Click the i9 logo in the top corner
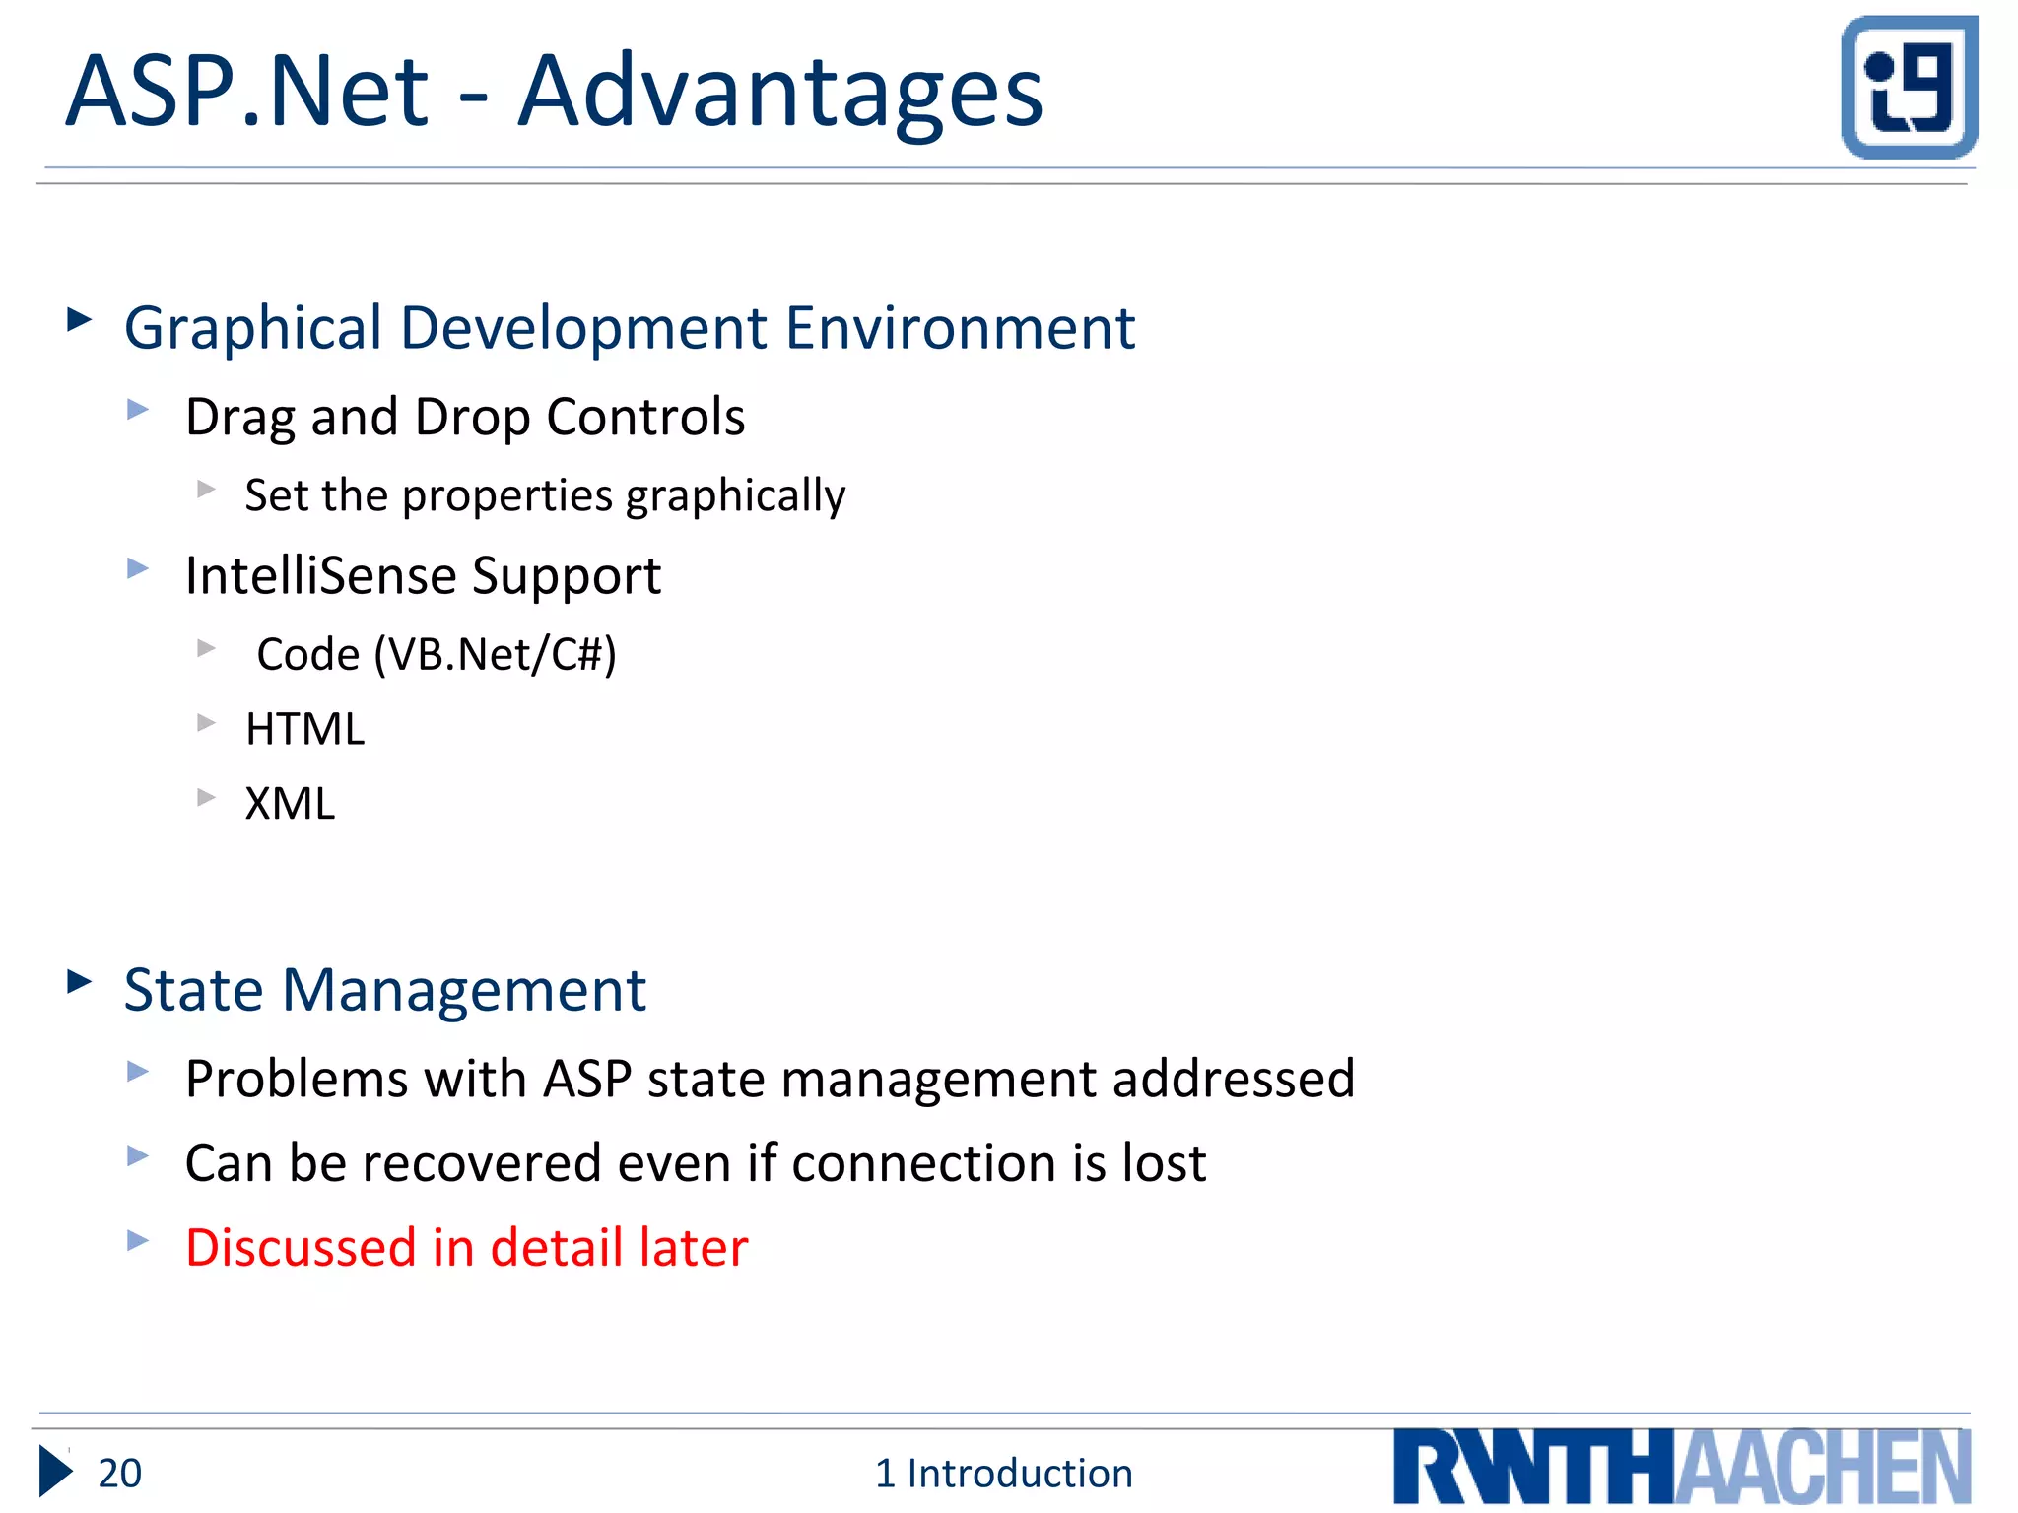(x=1909, y=87)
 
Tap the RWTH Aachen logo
(x=1681, y=1468)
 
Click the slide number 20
(x=120, y=1474)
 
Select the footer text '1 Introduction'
(x=1003, y=1474)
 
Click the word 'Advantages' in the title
(x=779, y=93)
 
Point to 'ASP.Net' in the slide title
(x=246, y=93)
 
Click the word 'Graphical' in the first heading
(x=252, y=329)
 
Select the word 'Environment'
(x=960, y=329)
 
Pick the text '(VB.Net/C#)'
(x=495, y=655)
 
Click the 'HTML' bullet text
(x=304, y=730)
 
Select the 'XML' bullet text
(x=290, y=804)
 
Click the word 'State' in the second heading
(x=194, y=990)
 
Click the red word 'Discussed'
(x=301, y=1248)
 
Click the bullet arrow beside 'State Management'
(x=79, y=981)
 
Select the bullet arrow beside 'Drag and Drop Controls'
(x=138, y=409)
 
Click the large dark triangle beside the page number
(x=55, y=1472)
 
